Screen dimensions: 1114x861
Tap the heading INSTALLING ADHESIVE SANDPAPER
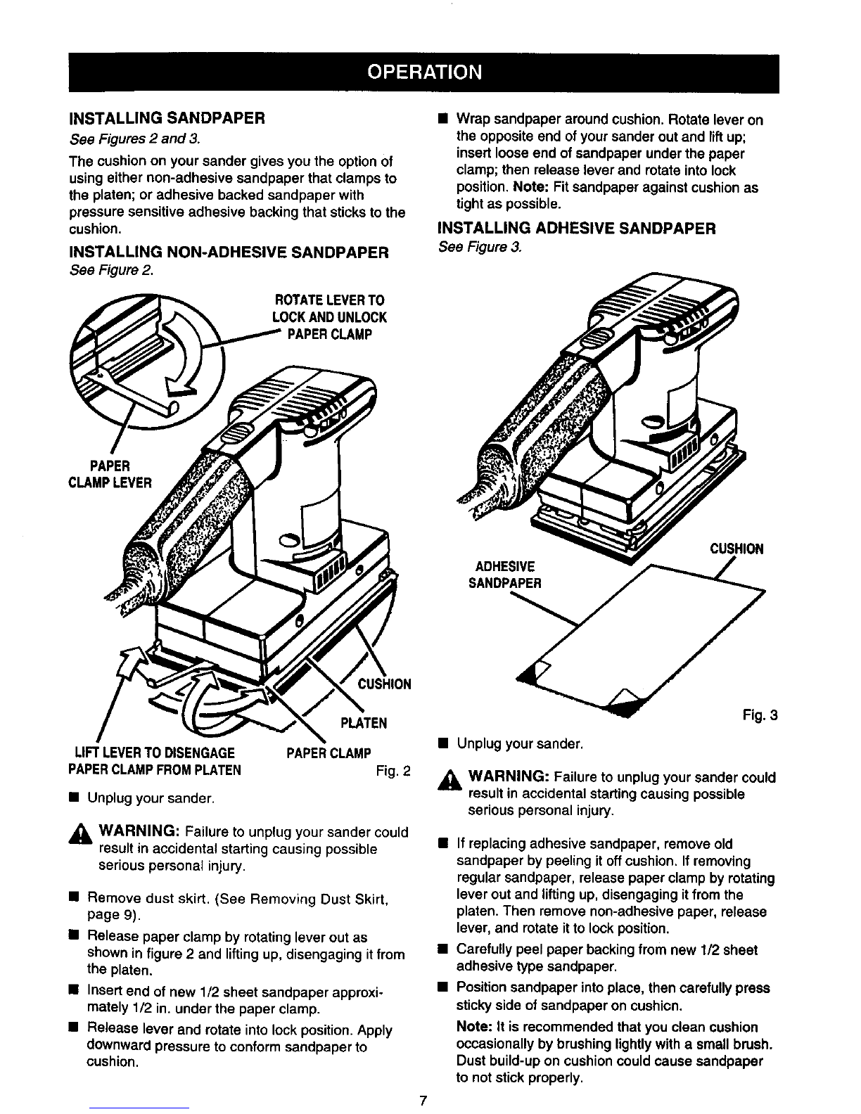pos(576,228)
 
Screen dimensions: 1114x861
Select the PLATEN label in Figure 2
pos(364,723)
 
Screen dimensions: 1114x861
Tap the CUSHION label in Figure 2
pos(384,684)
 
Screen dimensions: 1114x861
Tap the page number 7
pos(422,1100)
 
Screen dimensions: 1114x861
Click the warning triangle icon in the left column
pos(79,833)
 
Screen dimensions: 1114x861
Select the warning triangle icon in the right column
pos(448,779)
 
